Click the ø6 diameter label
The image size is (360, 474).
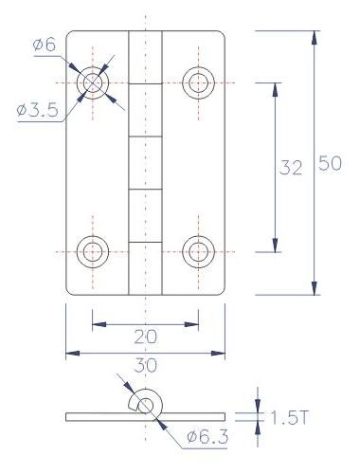[45, 45]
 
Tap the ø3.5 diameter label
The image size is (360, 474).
[38, 110]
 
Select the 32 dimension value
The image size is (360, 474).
[291, 168]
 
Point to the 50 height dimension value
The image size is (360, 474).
[330, 163]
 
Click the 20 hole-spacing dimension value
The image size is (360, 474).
[145, 337]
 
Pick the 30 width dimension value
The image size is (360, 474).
[145, 365]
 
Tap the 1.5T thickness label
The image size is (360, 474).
[289, 418]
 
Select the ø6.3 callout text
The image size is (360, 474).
[207, 437]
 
